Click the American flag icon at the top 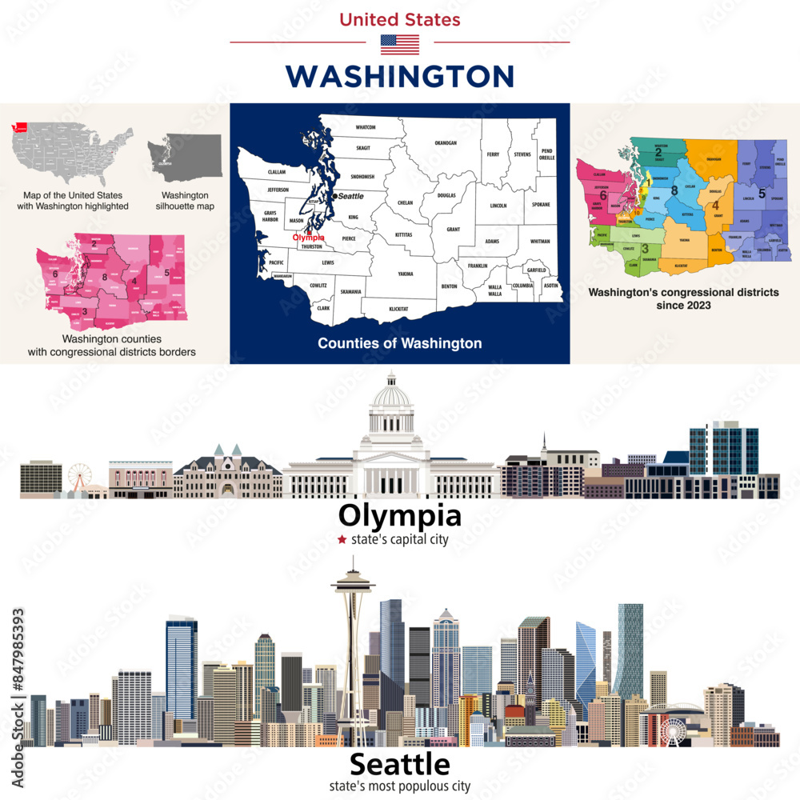tap(400, 44)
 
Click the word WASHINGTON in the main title tap(400, 76)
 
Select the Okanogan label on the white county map tap(445, 142)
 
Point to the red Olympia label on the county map tap(308, 238)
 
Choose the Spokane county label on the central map tap(541, 204)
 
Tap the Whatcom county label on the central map tap(366, 127)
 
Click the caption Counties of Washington tap(400, 343)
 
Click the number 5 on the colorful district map tap(762, 194)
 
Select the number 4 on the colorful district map tap(715, 206)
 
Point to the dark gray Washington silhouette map tap(185, 157)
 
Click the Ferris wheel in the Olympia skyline tap(79, 478)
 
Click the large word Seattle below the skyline tap(400, 764)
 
